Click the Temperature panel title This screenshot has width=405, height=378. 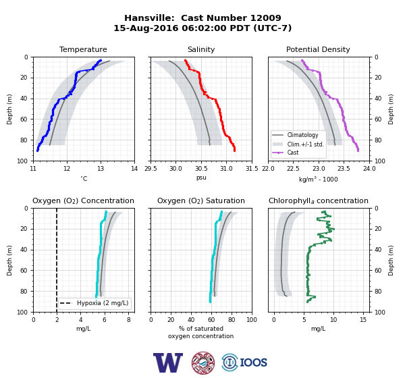(x=83, y=49)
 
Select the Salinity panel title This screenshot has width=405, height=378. (x=201, y=49)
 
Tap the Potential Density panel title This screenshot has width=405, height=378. (x=318, y=49)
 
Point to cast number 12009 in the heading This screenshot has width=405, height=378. (x=266, y=18)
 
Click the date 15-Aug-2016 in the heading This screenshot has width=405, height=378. (x=146, y=28)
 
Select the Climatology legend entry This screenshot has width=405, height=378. (x=302, y=135)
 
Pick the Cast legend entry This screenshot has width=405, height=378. (x=293, y=153)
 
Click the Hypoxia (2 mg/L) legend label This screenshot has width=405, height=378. (x=103, y=303)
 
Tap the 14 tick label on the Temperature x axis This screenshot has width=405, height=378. (x=134, y=169)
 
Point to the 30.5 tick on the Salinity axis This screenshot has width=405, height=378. (x=201, y=169)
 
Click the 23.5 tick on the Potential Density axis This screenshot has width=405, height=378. (x=344, y=169)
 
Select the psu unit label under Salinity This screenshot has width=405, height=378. (x=201, y=178)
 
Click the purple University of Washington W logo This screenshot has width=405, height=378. (x=168, y=362)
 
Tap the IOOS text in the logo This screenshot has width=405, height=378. (x=253, y=362)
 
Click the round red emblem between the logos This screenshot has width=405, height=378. (x=203, y=362)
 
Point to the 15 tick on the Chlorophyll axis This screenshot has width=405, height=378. (x=363, y=320)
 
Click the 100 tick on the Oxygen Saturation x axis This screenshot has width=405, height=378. (x=252, y=320)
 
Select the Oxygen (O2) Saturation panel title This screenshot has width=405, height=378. (x=201, y=200)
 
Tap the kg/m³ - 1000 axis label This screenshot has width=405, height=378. (x=318, y=179)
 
